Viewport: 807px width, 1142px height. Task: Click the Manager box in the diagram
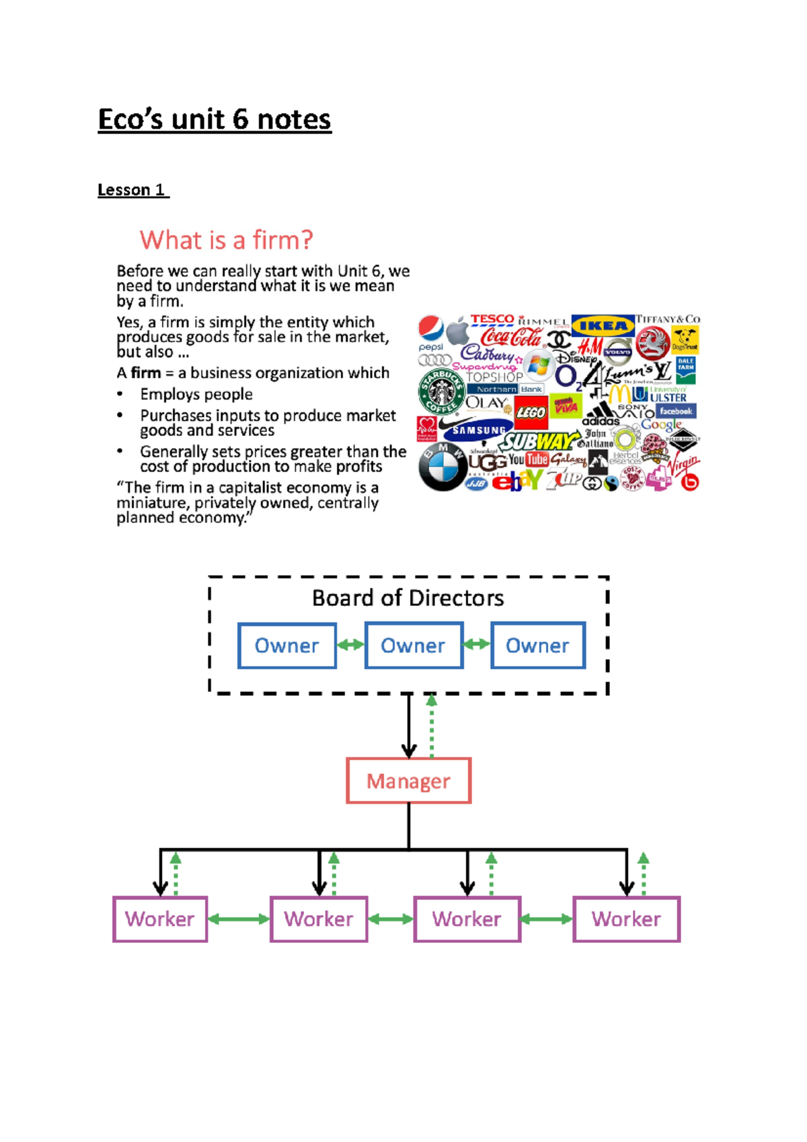408,781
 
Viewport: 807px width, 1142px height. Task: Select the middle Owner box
413,646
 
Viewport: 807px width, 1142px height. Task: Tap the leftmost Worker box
160,919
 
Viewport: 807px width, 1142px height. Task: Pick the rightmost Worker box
626,919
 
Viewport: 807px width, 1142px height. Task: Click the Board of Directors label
408,598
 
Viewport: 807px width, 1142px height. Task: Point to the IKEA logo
603,326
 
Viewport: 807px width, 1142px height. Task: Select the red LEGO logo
531,412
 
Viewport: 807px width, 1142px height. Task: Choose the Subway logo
539,442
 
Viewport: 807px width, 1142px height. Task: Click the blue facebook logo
675,411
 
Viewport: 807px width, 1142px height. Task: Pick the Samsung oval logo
478,429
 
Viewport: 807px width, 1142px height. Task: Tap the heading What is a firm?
226,240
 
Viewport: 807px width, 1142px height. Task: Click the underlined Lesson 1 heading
132,190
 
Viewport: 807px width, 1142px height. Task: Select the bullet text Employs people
196,394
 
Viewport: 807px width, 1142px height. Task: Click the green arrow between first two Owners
350,645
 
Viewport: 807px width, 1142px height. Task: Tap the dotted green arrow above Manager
432,726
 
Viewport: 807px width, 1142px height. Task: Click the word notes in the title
294,120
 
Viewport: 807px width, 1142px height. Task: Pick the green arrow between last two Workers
547,919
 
